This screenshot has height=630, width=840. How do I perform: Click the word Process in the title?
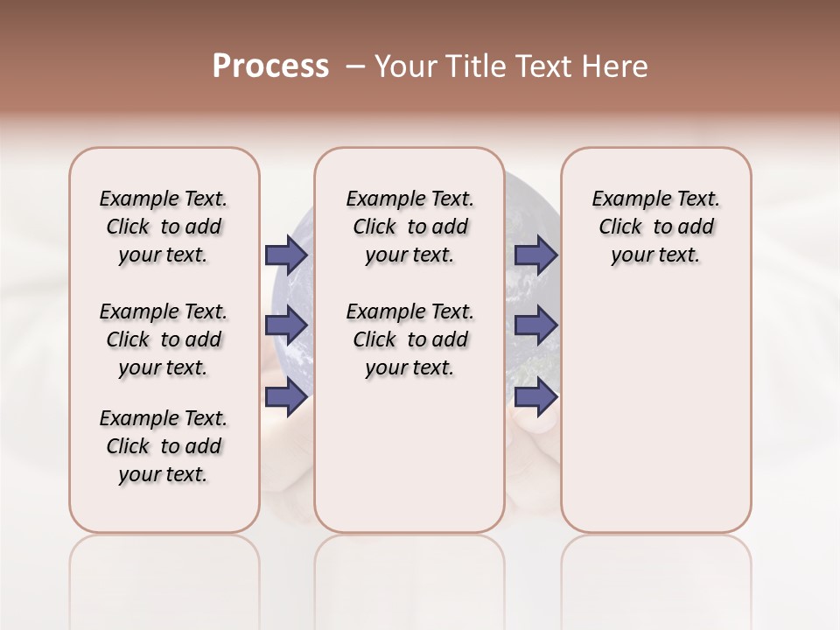(270, 66)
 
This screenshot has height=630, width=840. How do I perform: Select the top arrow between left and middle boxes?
(286, 255)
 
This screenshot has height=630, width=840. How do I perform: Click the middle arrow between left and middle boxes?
(286, 325)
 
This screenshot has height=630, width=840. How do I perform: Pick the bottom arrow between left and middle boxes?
(286, 397)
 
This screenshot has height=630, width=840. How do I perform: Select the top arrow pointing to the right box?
(536, 255)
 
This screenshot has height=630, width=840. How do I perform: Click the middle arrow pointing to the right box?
(536, 325)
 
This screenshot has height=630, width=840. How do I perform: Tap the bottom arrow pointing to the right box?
(536, 397)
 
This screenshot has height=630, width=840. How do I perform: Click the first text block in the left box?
(164, 227)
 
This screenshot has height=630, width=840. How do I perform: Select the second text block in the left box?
(164, 339)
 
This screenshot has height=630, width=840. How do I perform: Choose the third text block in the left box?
(164, 446)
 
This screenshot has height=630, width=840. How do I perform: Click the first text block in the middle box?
(409, 227)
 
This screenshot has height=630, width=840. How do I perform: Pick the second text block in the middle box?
(409, 339)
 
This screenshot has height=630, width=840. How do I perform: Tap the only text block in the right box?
(655, 227)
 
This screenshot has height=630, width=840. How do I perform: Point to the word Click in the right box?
(620, 227)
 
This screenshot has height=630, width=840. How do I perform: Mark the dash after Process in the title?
(355, 66)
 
